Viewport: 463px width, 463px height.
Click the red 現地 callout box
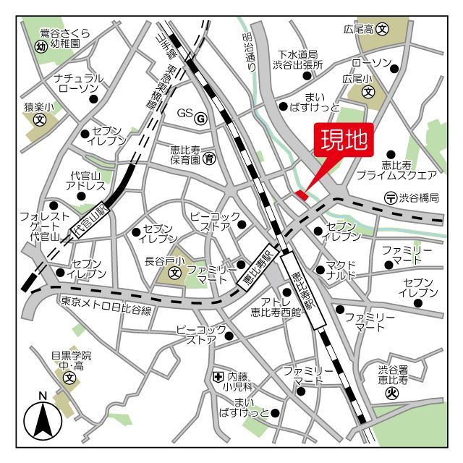point(345,140)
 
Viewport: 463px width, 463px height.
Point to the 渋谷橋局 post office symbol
point(390,197)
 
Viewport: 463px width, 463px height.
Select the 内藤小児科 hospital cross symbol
point(218,376)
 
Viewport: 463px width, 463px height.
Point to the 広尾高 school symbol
point(383,30)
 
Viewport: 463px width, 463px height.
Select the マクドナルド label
point(341,269)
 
